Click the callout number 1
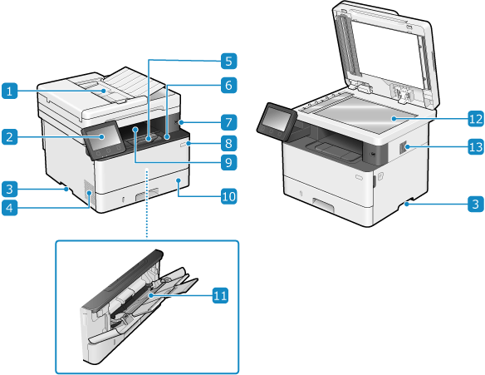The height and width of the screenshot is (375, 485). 10,91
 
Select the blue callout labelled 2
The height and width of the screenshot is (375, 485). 10,136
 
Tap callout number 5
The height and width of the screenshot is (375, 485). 229,61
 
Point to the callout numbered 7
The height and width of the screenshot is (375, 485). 229,122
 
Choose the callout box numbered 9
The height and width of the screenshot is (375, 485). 229,161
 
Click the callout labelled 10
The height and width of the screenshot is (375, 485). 229,196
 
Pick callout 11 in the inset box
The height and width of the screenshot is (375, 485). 220,295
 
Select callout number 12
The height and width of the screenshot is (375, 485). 476,119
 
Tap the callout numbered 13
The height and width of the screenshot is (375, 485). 476,146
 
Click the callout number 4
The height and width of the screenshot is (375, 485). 10,208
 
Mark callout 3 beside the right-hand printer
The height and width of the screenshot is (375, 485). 476,204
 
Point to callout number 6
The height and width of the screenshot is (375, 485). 229,85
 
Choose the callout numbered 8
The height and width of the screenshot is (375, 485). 229,143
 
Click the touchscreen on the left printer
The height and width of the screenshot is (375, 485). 102,137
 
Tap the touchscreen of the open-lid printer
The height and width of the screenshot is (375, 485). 276,118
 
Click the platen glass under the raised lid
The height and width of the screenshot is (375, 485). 364,114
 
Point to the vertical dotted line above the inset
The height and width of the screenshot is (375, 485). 147,204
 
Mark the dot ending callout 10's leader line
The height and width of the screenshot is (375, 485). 179,180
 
